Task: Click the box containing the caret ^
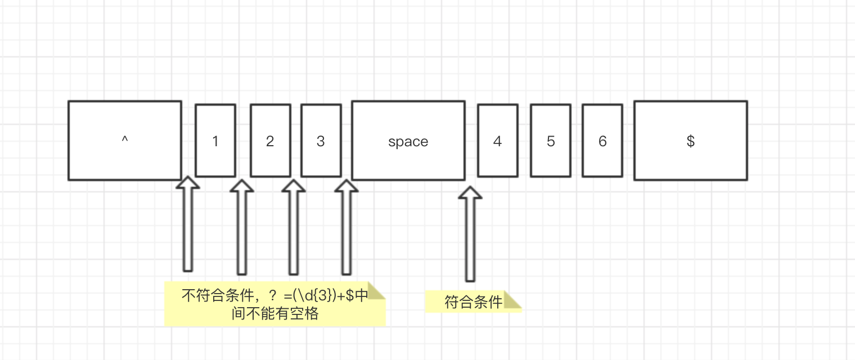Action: point(124,141)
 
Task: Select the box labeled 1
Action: point(215,141)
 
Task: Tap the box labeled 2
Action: point(270,141)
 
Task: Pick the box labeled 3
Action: point(321,141)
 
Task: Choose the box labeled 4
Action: point(497,141)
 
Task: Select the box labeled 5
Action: point(550,141)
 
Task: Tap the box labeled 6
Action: point(602,141)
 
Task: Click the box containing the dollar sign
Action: point(690,141)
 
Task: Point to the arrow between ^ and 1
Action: point(188,225)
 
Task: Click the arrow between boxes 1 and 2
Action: point(242,228)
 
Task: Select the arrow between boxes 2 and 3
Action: point(293,228)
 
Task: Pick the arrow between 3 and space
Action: point(346,228)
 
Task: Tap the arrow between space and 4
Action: point(470,233)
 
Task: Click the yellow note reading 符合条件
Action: point(467,302)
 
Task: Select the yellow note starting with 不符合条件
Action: point(274,304)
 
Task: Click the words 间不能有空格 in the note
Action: point(275,313)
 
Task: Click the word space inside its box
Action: point(408,142)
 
